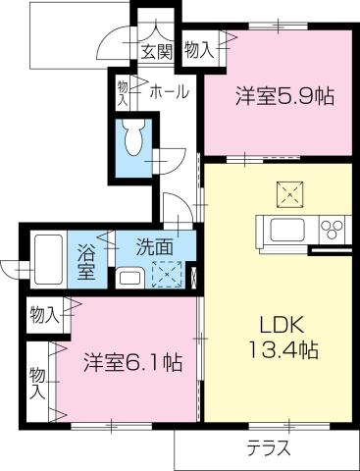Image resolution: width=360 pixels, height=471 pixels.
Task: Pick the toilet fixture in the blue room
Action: click(134, 140)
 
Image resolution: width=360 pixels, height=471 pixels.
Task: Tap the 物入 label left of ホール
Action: click(125, 93)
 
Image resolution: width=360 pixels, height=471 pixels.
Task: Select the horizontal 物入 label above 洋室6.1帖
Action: click(45, 315)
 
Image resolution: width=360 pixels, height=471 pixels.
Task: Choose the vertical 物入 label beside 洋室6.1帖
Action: click(36, 382)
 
